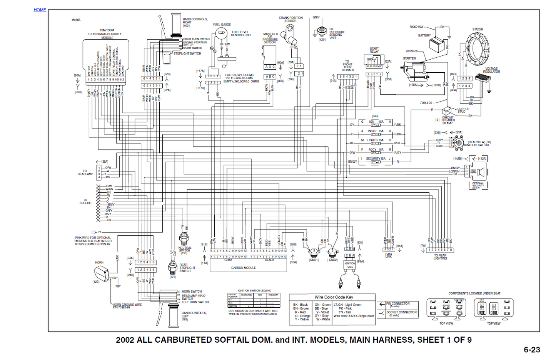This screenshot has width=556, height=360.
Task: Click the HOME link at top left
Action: click(x=40, y=10)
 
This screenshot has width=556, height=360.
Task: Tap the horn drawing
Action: click(x=102, y=273)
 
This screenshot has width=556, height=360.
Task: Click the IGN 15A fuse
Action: click(x=376, y=123)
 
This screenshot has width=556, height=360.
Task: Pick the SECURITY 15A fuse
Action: click(x=376, y=160)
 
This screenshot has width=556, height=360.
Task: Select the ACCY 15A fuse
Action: click(x=376, y=151)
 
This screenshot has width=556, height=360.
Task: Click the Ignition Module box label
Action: click(x=243, y=268)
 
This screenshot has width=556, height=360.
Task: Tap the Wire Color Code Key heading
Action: click(x=334, y=297)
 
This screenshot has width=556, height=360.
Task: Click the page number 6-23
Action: click(x=532, y=350)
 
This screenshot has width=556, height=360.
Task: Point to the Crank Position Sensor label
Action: click(x=291, y=19)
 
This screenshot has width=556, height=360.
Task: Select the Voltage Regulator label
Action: click(x=491, y=70)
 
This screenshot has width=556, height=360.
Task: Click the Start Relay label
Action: click(x=374, y=50)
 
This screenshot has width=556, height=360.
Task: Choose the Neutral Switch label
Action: click(x=185, y=250)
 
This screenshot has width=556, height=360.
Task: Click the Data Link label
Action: click(x=389, y=255)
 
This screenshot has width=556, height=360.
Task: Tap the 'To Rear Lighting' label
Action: click(x=440, y=257)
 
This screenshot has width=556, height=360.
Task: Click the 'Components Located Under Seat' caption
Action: click(x=474, y=293)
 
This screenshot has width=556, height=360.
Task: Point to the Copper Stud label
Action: click(x=463, y=110)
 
